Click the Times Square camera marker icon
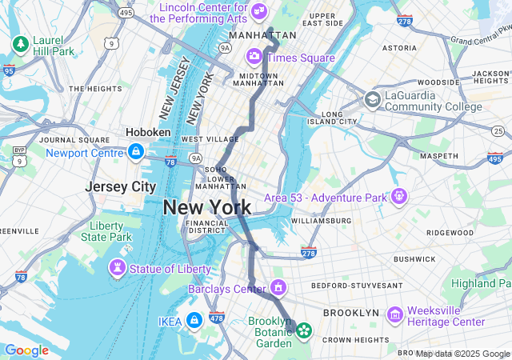point(254,56)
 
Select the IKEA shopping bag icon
point(194,320)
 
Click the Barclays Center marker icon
point(278,286)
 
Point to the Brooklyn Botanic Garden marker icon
point(304,329)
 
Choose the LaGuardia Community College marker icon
point(372,99)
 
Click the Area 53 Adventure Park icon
point(399,196)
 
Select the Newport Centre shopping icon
point(136,151)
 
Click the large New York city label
point(207,207)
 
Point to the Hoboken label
point(148,132)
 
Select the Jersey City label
point(121,186)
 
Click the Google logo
point(26,350)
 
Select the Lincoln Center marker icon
point(259,10)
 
